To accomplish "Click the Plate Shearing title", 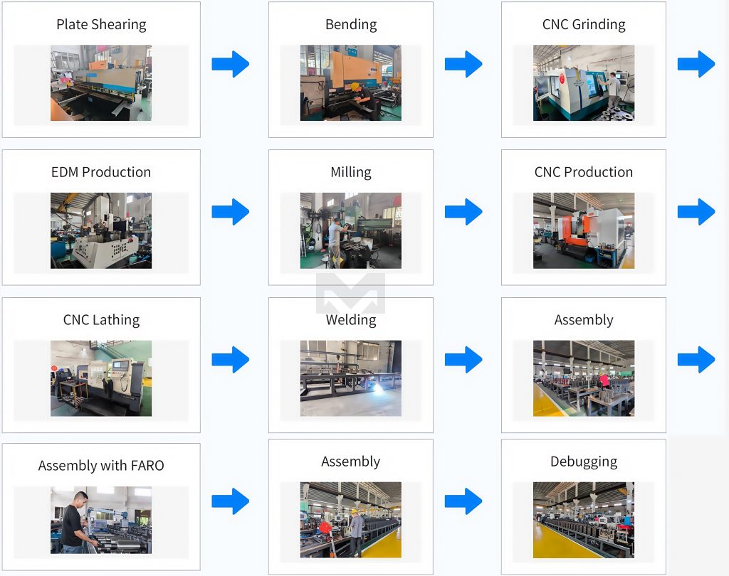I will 101,24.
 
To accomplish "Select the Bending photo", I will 350,82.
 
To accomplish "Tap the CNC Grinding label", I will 584,24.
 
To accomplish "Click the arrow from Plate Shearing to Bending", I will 231,64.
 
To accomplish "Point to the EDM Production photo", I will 101,230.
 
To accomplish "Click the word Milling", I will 350,172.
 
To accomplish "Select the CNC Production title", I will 584,172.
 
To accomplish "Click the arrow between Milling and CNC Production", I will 463,211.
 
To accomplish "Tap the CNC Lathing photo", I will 101,378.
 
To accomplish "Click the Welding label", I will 350,320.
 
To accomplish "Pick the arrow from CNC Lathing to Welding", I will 231,359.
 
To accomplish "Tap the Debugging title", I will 584,462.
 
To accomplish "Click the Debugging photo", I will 584,520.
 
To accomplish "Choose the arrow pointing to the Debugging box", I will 463,501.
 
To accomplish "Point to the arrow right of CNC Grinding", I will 696,64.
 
